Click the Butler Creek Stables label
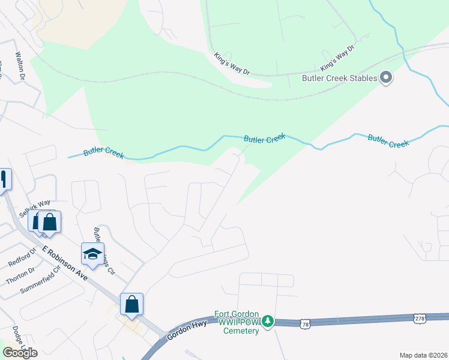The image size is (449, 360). [x=339, y=78]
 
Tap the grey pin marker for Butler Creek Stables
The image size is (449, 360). [x=386, y=77]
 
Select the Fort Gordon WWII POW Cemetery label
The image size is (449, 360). [x=237, y=322]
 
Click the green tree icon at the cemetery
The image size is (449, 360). [x=270, y=322]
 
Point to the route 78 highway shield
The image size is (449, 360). [x=306, y=323]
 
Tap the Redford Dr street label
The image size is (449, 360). [x=22, y=256]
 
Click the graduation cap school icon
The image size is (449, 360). [x=92, y=254]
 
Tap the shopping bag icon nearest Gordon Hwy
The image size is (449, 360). [x=132, y=304]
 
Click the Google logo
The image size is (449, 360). [x=20, y=352]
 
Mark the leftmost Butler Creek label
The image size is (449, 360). [x=103, y=152]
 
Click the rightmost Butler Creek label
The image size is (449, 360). [x=388, y=141]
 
